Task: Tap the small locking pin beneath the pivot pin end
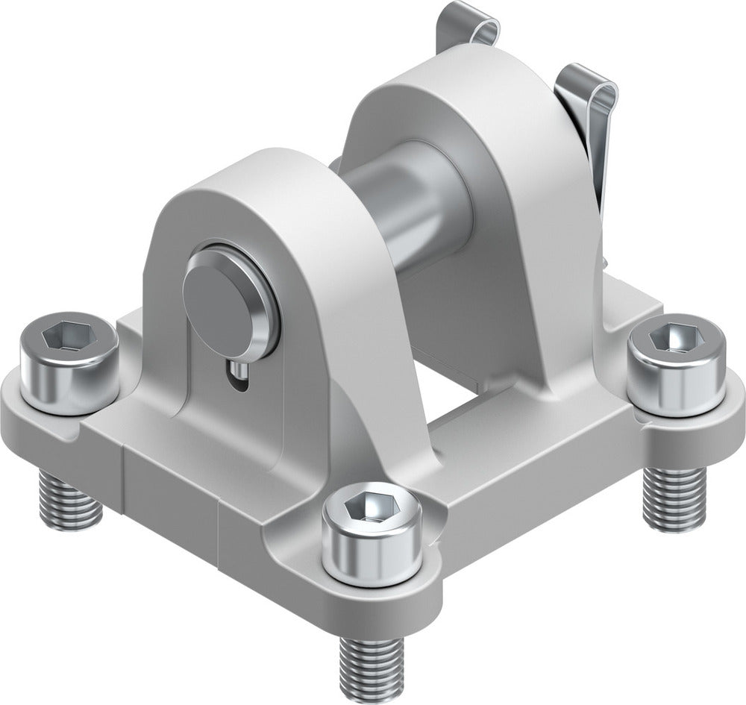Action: click(x=236, y=371)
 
